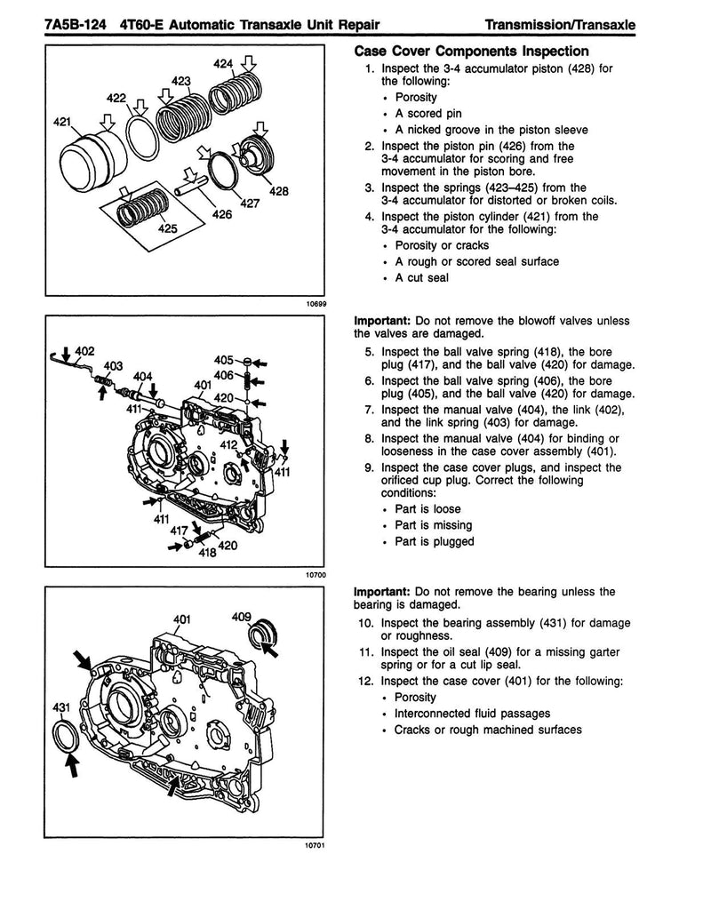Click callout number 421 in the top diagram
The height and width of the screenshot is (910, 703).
click(62, 123)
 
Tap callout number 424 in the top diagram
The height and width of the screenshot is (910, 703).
click(226, 63)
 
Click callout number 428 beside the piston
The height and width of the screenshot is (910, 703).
click(279, 192)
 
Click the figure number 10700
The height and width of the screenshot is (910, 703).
click(316, 575)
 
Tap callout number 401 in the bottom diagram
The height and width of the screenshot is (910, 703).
click(183, 619)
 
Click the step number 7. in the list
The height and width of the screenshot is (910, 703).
click(370, 410)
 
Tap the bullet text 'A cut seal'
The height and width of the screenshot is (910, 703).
click(422, 277)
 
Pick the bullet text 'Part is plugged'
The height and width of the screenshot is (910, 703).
click(435, 541)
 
